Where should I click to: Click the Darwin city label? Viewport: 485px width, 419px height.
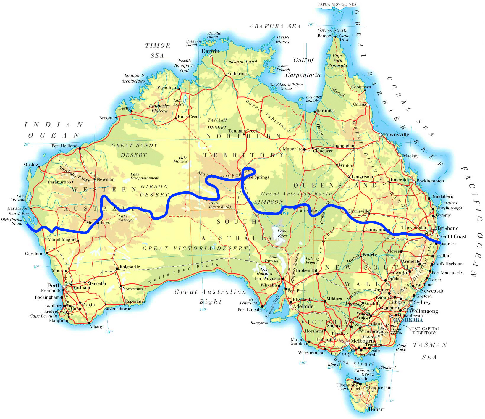point(210,51)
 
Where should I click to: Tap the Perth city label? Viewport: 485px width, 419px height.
point(54,286)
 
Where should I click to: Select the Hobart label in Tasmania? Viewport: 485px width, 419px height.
point(376,409)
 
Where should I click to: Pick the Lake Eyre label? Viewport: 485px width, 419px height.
point(282,233)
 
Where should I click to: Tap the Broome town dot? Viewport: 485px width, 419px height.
point(117,118)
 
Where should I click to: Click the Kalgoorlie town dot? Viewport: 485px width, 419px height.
point(117,269)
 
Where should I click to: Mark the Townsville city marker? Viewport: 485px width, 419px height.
point(381,135)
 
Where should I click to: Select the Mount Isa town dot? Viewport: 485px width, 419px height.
point(304,149)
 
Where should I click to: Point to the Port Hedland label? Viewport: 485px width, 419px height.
point(64,146)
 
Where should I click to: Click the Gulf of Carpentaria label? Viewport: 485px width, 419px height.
point(303,67)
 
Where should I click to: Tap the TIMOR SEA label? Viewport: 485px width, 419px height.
point(158,50)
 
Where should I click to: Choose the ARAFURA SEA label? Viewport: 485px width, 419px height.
point(275,27)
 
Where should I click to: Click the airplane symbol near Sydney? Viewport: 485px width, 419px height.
point(412,307)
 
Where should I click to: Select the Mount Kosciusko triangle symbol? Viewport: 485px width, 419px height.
point(382,328)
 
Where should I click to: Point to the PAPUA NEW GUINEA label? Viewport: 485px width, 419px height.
point(337,4)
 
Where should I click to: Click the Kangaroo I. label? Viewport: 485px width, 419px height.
point(261,323)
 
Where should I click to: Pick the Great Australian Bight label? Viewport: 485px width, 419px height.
point(211,296)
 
